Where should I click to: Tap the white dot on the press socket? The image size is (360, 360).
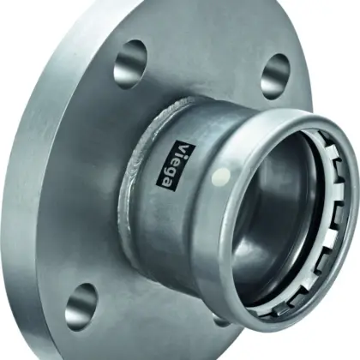221,175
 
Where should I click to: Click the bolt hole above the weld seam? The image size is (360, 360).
131,61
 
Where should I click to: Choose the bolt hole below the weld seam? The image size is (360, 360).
81,303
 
